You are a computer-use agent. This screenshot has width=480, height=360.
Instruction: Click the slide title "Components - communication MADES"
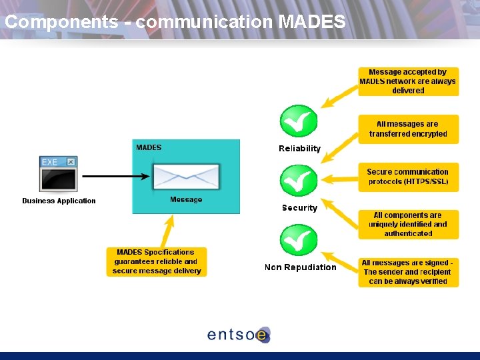point(175,21)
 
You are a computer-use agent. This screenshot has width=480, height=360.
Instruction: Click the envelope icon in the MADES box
point(186,177)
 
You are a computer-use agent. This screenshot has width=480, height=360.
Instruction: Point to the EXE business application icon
point(59,173)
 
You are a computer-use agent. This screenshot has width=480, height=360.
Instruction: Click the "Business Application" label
point(59,201)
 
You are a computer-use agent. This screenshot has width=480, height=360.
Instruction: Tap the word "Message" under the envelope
point(186,200)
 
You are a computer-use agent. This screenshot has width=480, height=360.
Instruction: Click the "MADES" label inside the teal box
point(149,147)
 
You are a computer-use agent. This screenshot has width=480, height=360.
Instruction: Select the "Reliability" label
point(299,149)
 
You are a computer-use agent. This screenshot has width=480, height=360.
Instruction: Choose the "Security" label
point(299,208)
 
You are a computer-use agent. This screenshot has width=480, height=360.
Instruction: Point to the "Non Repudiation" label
point(300,267)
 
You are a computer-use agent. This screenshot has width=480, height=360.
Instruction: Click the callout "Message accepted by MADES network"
point(408,81)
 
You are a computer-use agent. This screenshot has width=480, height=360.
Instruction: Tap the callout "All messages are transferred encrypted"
point(408,129)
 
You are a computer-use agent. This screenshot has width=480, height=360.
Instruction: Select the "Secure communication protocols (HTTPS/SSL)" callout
point(408,177)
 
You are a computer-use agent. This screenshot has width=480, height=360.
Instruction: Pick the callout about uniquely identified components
point(408,225)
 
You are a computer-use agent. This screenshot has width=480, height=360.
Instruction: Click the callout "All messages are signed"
point(408,272)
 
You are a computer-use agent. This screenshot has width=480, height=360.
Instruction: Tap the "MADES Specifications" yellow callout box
point(157,261)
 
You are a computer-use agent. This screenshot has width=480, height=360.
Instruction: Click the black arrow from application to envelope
point(117,177)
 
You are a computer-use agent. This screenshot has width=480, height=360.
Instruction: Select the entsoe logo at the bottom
point(239,334)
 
